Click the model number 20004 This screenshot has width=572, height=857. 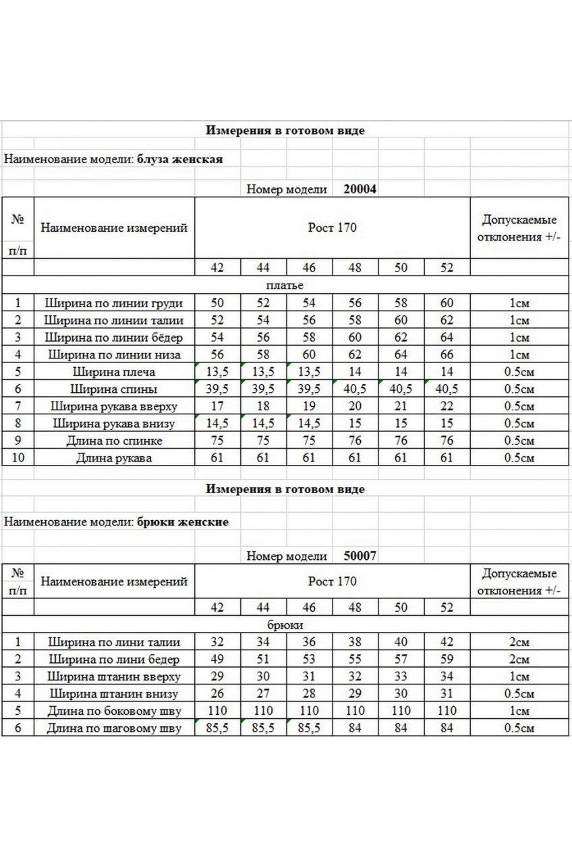click(360, 189)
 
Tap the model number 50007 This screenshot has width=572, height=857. click(360, 556)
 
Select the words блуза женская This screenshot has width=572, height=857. click(179, 160)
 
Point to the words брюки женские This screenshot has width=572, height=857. click(182, 521)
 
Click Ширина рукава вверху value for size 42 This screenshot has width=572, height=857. click(217, 406)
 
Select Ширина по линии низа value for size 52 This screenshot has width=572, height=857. click(447, 354)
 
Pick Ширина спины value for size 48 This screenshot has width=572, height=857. click(355, 389)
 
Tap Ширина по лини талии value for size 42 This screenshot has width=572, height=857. click(217, 642)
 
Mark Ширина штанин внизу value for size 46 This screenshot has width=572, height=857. click(309, 693)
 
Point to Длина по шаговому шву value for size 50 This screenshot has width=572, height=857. click(401, 728)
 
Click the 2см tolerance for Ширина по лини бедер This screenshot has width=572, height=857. click(519, 660)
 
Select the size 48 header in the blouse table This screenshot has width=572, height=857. click(355, 268)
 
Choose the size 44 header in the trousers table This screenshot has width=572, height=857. click(263, 608)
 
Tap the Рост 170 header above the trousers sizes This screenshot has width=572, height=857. click(332, 581)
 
